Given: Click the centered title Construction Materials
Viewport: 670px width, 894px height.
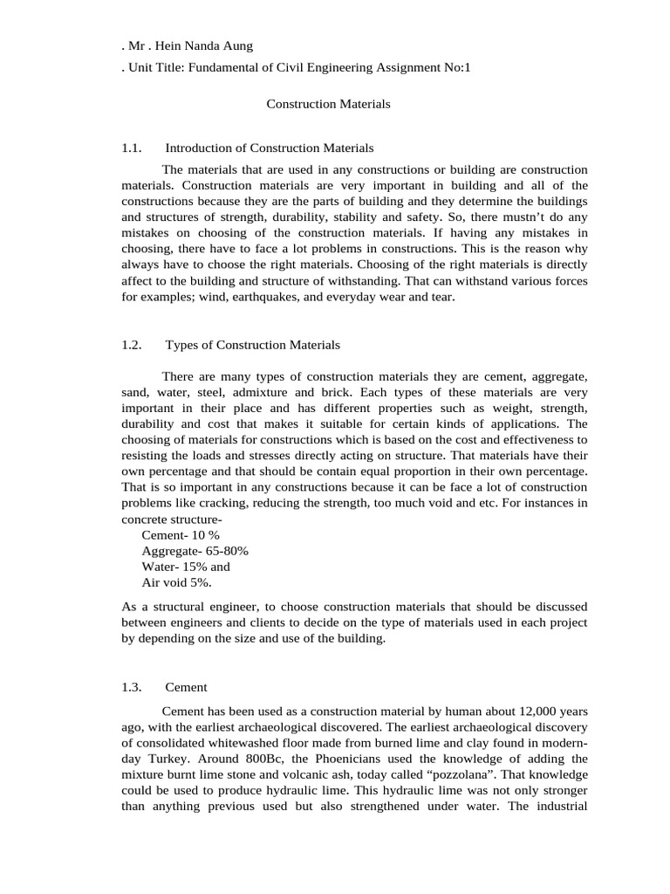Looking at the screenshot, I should pyautogui.click(x=328, y=104).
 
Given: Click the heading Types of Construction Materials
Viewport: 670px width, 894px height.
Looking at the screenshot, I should pyautogui.click(x=252, y=345).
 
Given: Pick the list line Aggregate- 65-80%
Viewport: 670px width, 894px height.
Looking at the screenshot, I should pyautogui.click(x=195, y=551).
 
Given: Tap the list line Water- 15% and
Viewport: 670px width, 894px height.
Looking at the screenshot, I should pyautogui.click(x=185, y=567).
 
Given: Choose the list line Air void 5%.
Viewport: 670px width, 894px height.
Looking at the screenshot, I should pyautogui.click(x=176, y=582).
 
